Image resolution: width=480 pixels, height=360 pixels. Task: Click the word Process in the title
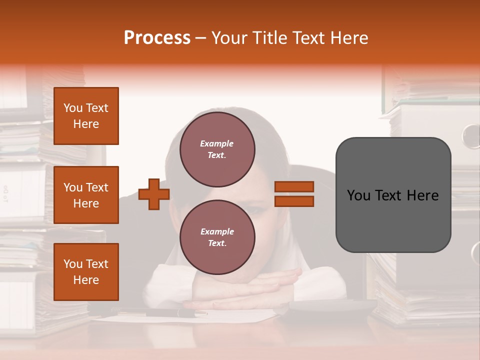pos(157,38)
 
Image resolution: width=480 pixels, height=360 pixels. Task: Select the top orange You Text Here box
pos(86,116)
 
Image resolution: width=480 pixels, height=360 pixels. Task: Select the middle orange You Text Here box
pos(86,195)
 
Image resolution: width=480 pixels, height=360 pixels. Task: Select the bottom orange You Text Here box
pos(86,272)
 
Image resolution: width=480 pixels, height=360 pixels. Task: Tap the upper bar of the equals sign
pos(294,187)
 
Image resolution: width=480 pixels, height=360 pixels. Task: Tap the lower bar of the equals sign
pos(294,201)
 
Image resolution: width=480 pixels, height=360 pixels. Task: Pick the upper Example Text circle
pos(217,149)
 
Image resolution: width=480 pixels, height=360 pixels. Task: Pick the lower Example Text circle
pos(217,237)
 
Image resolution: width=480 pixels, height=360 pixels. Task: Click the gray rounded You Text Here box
pos(393,195)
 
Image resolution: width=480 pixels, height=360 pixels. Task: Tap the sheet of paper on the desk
pos(240,315)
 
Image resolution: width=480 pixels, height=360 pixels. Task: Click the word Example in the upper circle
pos(216,143)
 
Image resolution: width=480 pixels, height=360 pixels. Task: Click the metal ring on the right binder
pos(471,136)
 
